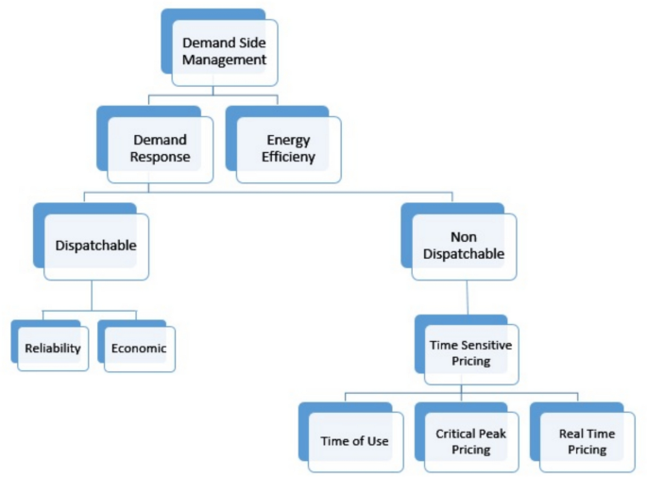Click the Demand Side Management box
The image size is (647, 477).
224,51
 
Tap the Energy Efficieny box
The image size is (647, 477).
288,148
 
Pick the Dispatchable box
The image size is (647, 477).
94,246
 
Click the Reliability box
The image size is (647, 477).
53,349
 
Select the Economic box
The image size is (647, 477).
139,349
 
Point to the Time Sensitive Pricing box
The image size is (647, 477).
470,353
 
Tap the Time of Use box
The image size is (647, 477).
354,441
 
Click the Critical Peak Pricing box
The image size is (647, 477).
470,441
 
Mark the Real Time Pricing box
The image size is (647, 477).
587,441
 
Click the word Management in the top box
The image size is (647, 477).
224,60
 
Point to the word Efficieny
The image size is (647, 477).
288,157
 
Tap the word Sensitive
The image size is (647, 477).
486,346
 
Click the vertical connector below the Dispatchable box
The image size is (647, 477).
92,295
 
